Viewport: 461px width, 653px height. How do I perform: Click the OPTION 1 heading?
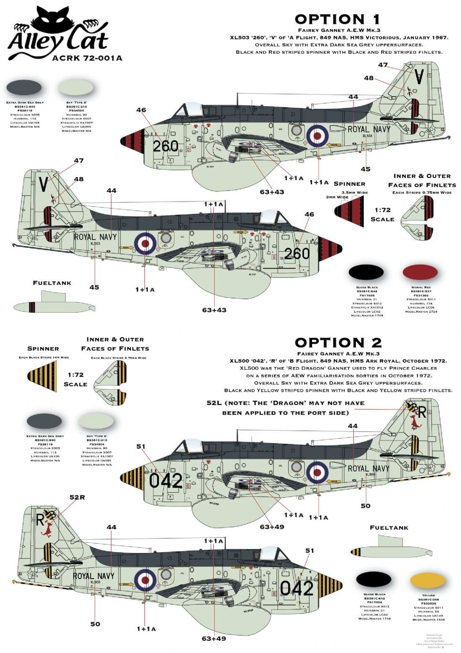337,19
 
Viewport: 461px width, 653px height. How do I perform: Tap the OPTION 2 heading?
338,343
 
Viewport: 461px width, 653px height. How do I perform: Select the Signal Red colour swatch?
420,273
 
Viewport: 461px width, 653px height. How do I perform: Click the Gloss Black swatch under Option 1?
366,273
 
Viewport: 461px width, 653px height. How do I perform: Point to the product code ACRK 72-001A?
87,58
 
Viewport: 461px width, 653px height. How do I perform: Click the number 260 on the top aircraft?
165,146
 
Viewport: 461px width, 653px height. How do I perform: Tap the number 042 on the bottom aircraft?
297,588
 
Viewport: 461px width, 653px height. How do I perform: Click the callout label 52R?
77,498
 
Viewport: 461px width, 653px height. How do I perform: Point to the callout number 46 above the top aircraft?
141,110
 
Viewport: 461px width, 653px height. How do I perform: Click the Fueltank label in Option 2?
388,528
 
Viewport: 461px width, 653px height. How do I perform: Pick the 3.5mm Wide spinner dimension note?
355,192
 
